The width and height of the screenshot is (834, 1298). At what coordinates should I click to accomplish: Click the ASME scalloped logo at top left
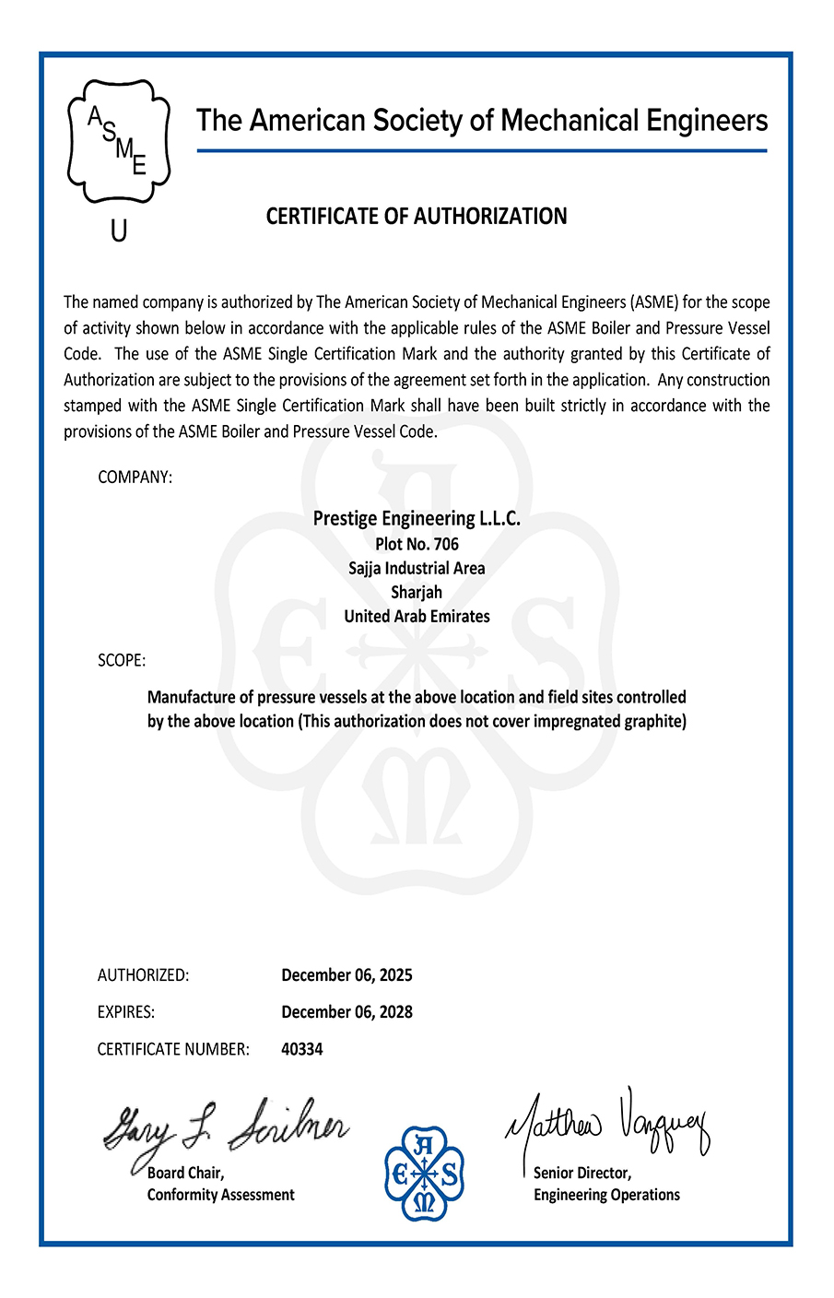point(119,140)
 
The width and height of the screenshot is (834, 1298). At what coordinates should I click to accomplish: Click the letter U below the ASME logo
point(119,231)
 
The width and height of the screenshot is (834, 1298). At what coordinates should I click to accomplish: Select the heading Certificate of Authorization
point(417,217)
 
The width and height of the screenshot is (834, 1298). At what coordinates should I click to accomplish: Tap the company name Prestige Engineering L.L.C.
point(417,518)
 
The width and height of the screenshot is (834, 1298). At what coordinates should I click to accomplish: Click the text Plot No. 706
point(417,544)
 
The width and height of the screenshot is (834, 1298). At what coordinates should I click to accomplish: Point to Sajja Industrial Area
point(417,568)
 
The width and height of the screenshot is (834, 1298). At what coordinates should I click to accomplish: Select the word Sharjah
point(417,592)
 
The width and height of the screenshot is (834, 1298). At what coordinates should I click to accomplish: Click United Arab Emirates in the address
point(417,616)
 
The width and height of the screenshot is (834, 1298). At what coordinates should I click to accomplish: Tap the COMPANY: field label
point(135,478)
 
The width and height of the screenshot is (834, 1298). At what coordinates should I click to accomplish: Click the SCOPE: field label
point(122,661)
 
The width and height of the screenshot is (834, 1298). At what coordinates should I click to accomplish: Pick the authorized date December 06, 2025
point(347,975)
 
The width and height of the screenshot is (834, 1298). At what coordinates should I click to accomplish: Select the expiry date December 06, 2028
point(347,1012)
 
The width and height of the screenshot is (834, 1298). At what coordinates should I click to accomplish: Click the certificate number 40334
point(302,1049)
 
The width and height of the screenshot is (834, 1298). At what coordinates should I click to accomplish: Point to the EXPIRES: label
point(126,1012)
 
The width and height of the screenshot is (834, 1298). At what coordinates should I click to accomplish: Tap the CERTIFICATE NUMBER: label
point(173,1049)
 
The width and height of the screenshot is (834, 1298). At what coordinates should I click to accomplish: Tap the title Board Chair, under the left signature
point(186,1174)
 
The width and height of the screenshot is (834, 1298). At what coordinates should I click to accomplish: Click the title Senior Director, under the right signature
point(582,1174)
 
